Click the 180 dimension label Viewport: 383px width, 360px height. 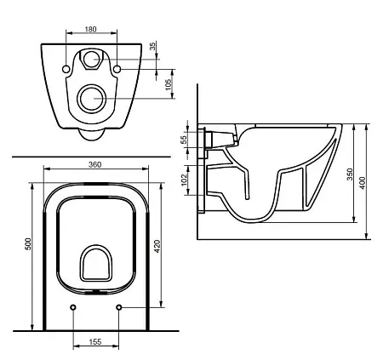[x=91, y=29]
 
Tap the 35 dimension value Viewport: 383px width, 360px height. [x=152, y=45]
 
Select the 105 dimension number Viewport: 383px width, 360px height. [x=169, y=84]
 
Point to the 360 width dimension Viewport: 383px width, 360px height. [x=94, y=164]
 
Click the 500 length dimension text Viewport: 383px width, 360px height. [x=28, y=243]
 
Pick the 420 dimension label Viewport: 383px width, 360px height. [x=157, y=247]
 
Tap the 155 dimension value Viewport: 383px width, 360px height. [x=95, y=342]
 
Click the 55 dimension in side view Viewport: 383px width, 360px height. [x=184, y=140]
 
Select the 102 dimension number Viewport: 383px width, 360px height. [x=184, y=180]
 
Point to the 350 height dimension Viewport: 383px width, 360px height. [x=350, y=174]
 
